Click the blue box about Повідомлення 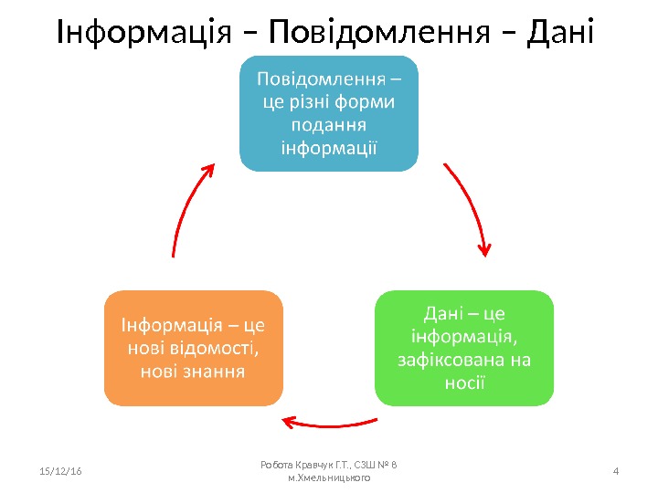pos(328,113)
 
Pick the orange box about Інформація pos(193,348)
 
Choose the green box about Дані pos(464,348)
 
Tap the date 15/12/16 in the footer pos(62,471)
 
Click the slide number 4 pos(615,471)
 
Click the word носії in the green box pos(464,382)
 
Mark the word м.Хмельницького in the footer pos(329,477)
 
